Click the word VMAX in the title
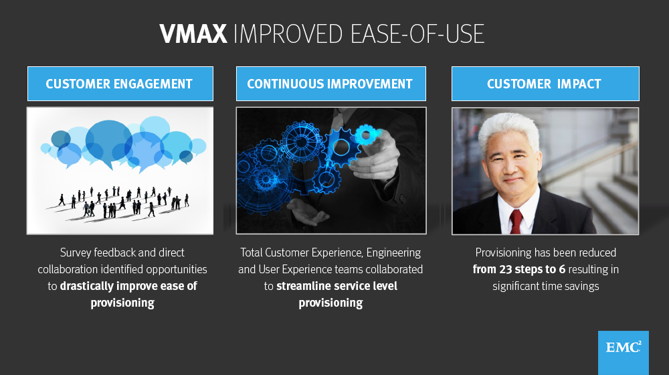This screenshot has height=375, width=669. click(193, 34)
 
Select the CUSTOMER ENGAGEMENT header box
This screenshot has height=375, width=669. click(120, 84)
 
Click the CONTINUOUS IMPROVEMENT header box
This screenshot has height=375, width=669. click(330, 84)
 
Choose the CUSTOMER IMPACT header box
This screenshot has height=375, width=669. click(544, 84)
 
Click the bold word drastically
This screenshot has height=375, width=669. click(90, 286)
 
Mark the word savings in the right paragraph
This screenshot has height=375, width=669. click(577, 286)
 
